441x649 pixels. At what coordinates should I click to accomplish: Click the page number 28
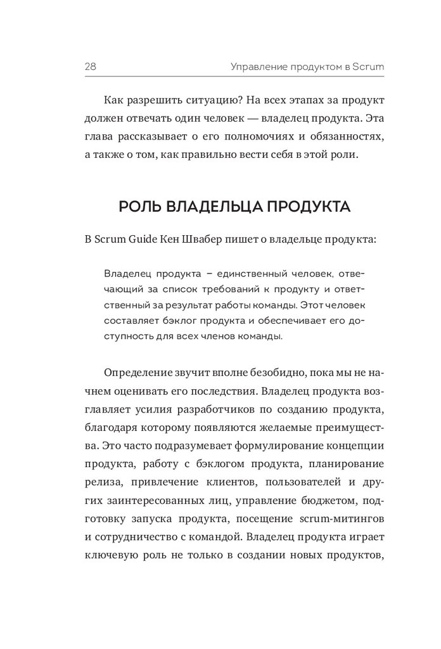click(x=90, y=66)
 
